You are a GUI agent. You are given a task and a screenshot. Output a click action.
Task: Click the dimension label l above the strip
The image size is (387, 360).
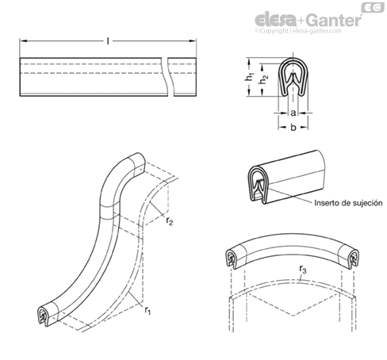pos(108,41)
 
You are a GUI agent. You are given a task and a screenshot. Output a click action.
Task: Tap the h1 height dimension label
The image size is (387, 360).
pos(249,77)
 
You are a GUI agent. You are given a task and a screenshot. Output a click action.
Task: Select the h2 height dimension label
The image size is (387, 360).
pos(263,79)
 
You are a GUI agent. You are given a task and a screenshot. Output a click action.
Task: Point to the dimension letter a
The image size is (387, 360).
pos(293,113)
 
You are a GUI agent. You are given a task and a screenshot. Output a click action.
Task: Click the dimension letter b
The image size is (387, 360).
pos(293,127)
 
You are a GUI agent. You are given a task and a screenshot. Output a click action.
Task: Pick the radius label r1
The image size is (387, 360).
pos(148,310)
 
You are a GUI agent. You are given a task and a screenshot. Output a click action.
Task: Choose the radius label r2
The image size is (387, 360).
pos(170,220)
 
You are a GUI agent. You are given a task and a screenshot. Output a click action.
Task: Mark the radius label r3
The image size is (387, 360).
pos(303,269)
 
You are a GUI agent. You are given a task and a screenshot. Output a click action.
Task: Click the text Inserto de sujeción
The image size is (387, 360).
pos(348,203)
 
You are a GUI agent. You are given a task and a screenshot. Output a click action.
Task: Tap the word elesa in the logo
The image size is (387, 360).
pos(276,20)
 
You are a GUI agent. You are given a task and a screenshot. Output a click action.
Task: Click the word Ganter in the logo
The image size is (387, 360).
pos(335,20)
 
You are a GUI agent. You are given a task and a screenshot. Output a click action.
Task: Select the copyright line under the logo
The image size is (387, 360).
pos(298,31)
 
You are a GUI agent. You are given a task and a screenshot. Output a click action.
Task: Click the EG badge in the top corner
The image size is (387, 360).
pos(373,7)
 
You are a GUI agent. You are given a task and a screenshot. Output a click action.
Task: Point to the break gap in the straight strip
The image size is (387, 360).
pos(168,77)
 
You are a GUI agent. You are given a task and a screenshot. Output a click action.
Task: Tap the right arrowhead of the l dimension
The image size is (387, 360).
pos(193,41)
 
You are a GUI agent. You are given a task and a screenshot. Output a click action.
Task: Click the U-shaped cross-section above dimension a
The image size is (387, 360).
pos(293,77)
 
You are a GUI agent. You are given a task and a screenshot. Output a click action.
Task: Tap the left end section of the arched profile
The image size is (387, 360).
pos(232,259)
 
